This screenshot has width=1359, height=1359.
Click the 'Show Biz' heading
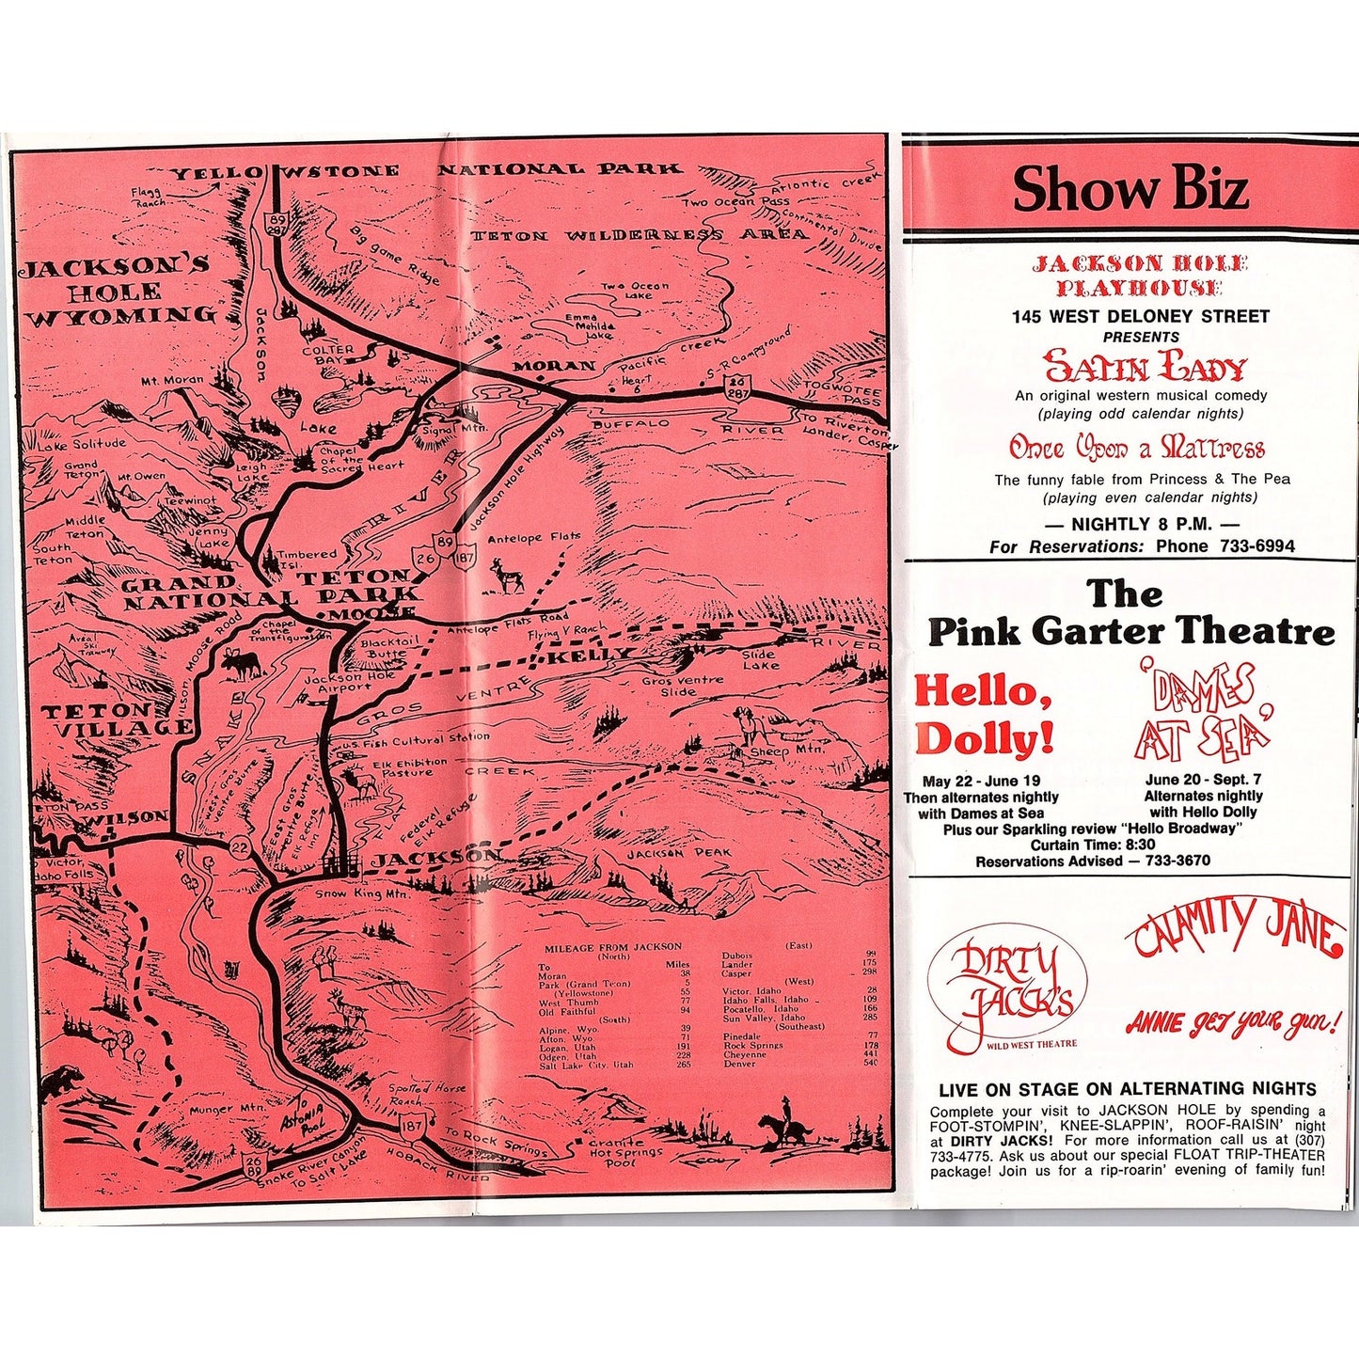(x=1130, y=188)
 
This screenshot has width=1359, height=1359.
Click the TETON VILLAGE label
(x=118, y=719)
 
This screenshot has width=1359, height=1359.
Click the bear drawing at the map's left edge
(x=62, y=1079)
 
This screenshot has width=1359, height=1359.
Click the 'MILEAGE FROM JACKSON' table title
(x=612, y=947)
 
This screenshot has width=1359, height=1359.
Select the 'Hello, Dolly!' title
(x=984, y=715)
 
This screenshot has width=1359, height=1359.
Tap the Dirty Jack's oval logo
(x=1007, y=987)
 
